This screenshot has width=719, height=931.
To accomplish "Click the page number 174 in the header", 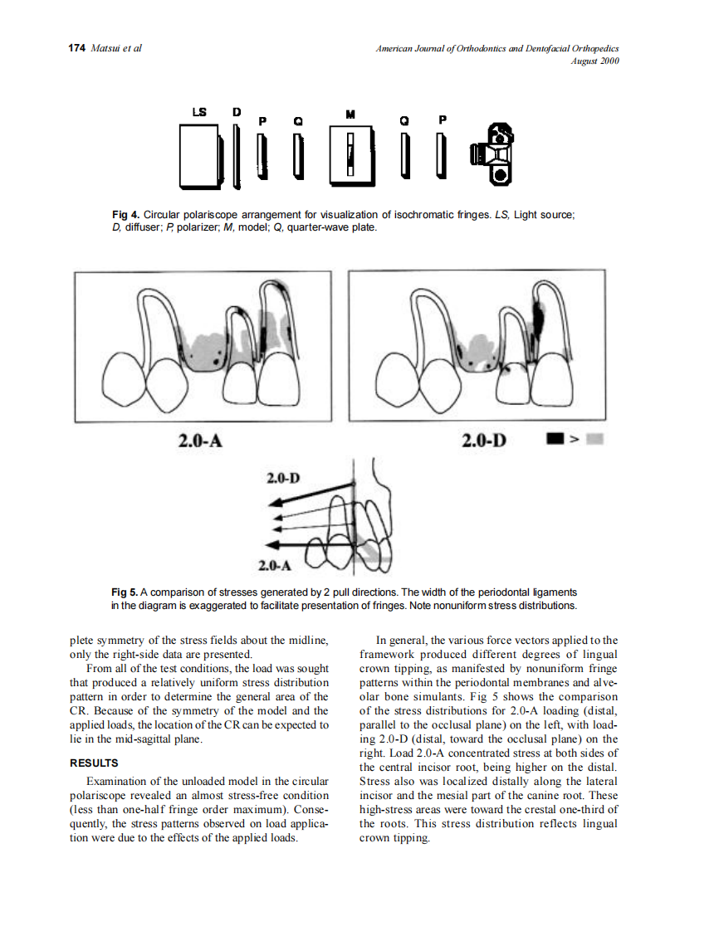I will click(x=76, y=48).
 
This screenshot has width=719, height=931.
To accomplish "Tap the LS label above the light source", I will click(x=199, y=111).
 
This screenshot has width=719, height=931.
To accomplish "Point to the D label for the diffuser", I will click(x=236, y=111).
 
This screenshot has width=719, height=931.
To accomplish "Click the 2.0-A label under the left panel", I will click(x=200, y=439).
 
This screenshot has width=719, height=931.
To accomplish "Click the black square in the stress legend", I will click(x=554, y=439).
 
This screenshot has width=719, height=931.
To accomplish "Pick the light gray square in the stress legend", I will click(x=594, y=439).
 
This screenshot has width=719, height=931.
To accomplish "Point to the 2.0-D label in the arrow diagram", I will click(x=283, y=479).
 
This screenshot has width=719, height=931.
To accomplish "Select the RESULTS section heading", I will click(x=94, y=763).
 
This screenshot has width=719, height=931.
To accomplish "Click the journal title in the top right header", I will click(x=497, y=49).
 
